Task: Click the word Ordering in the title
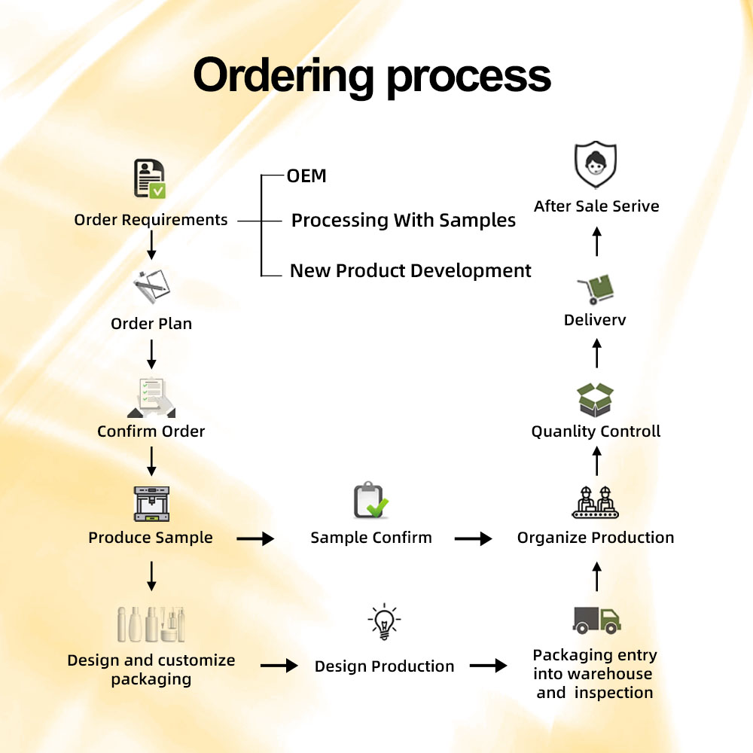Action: tap(283, 76)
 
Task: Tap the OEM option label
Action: tap(306, 176)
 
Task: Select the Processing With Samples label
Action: tap(404, 221)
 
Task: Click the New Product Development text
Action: tap(410, 271)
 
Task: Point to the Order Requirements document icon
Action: tap(150, 179)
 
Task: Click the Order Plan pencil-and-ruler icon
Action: tap(151, 286)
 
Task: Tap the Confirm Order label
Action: tap(151, 431)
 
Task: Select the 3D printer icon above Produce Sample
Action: tap(151, 504)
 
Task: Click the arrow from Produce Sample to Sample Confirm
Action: tap(255, 539)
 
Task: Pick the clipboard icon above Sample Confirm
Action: tap(370, 500)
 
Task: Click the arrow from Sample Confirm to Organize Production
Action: tap(473, 539)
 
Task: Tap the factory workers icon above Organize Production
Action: tap(595, 502)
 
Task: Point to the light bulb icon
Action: tap(384, 622)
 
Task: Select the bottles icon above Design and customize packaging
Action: tap(151, 624)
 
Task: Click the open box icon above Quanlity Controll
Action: tap(596, 400)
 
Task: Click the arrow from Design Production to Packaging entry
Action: tap(488, 666)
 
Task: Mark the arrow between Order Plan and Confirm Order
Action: tap(152, 354)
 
